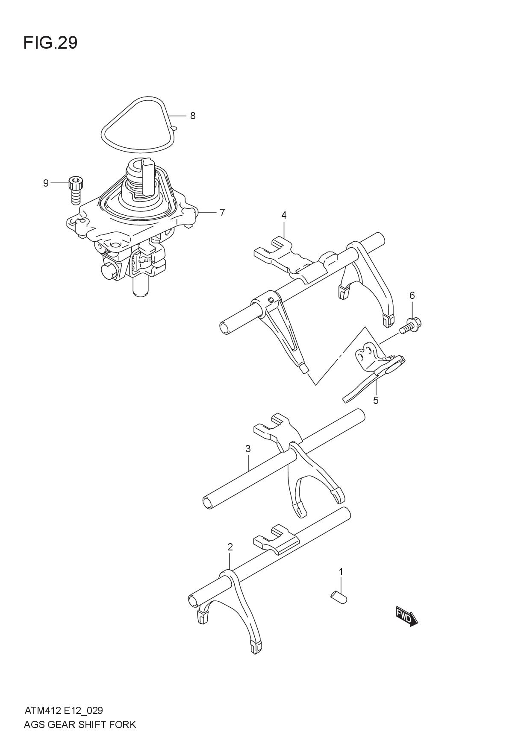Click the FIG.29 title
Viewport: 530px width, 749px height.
(x=50, y=43)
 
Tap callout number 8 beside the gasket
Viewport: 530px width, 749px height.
(x=193, y=116)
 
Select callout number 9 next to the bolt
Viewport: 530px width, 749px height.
(x=46, y=183)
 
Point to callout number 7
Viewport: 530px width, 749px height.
(x=222, y=212)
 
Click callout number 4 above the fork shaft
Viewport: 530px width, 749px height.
(x=284, y=215)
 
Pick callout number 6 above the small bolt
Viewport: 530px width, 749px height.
(x=412, y=296)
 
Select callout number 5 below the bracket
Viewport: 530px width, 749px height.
(x=376, y=401)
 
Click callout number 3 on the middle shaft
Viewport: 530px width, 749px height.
(x=248, y=449)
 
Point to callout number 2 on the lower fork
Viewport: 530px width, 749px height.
(x=230, y=547)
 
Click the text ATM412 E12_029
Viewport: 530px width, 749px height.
(x=63, y=711)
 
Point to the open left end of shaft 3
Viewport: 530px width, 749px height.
(x=208, y=502)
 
